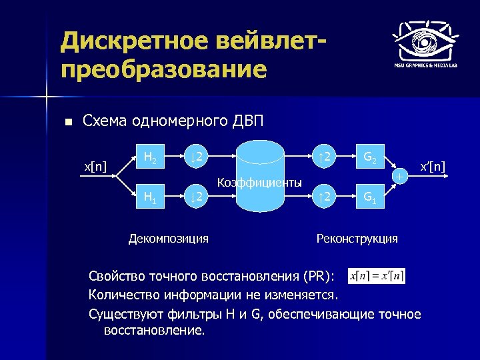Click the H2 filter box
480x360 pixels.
tap(151, 158)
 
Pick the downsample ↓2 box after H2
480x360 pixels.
tap(196, 158)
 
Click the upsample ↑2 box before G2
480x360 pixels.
tap(325, 158)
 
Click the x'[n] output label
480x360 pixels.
tap(432, 166)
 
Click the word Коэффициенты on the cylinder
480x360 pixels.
tap(260, 182)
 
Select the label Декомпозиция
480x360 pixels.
tap(168, 238)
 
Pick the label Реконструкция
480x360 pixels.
tap(357, 238)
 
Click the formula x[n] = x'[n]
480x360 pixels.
tap(376, 275)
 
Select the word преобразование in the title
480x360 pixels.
tap(163, 69)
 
